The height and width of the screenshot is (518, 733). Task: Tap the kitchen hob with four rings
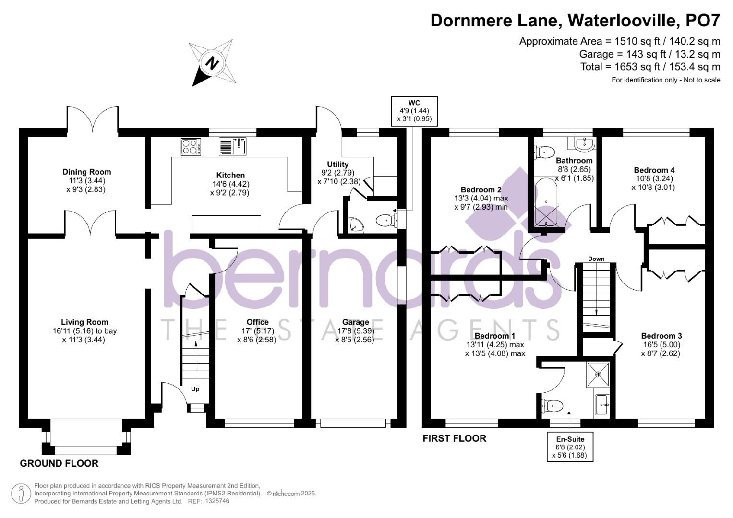point(191,146)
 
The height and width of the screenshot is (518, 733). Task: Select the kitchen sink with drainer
point(233,146)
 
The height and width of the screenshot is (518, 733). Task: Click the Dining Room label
point(86,172)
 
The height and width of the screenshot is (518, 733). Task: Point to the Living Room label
point(84,322)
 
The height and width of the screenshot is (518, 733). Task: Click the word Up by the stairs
point(195,389)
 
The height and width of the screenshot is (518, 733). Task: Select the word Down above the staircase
point(596,259)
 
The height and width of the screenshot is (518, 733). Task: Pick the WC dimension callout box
point(414,111)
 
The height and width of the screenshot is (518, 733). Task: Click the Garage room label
point(355,322)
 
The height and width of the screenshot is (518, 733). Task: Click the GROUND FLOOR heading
point(59,463)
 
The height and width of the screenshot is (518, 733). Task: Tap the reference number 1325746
point(217,501)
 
